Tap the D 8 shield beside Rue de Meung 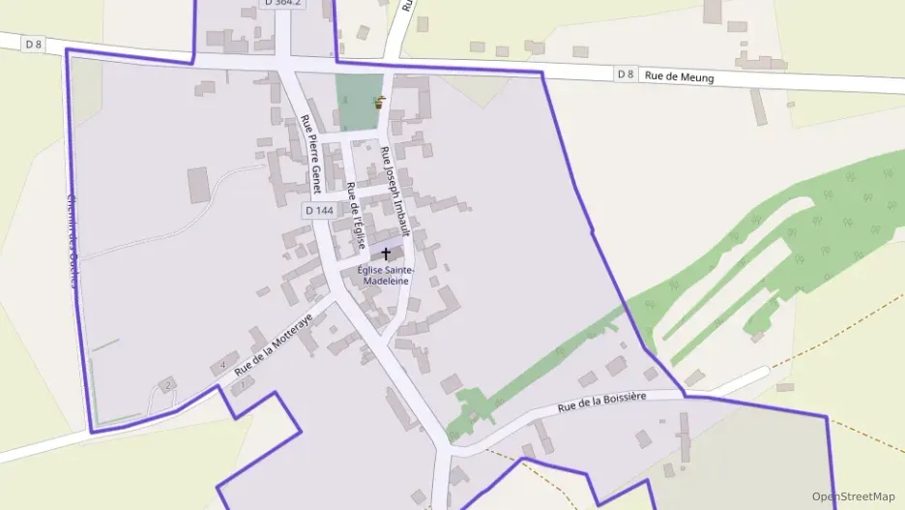point(626,74)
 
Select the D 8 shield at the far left point(35,44)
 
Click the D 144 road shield point(318,210)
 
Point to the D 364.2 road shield point(281,4)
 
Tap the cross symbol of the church point(387,255)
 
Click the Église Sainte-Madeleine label point(385,275)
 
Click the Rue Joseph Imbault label point(395,191)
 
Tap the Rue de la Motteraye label point(274,344)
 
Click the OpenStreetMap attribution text point(853,496)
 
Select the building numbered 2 point(167,385)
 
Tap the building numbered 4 point(223,365)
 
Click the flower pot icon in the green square point(379,103)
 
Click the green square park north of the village point(356,102)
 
